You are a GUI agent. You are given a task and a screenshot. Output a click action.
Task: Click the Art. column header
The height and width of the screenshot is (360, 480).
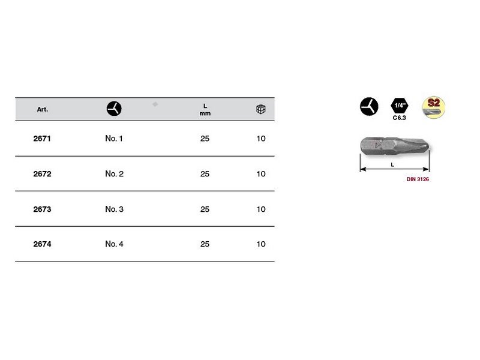[42, 109]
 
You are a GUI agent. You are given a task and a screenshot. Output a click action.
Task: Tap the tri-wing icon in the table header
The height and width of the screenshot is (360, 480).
[114, 109]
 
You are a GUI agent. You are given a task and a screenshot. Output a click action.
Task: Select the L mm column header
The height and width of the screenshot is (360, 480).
[205, 110]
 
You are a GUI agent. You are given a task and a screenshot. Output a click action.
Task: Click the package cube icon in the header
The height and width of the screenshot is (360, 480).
[261, 109]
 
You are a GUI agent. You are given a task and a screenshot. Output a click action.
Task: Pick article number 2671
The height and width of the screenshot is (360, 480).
[42, 139]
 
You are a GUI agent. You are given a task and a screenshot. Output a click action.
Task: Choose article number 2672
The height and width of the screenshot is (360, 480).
[42, 174]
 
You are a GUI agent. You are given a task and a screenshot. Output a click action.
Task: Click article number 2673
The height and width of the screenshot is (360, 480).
[42, 209]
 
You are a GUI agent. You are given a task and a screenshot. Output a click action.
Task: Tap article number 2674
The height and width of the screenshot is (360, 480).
[42, 244]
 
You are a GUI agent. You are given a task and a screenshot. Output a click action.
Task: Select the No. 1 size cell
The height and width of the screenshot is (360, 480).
[114, 139]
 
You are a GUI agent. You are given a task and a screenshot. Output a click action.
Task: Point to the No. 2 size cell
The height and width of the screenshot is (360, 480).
[114, 174]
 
